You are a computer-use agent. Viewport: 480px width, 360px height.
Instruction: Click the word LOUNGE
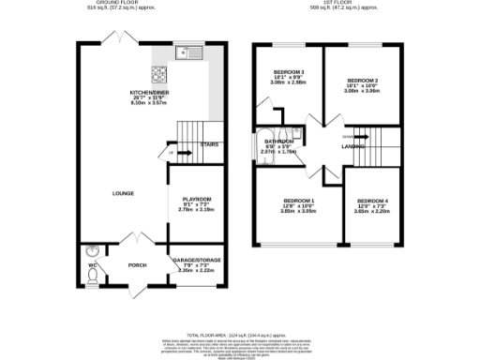[x=122, y=194]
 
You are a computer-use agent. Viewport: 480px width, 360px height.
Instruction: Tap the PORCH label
[x=138, y=264]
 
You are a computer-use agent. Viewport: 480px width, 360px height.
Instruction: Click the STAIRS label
[x=209, y=144]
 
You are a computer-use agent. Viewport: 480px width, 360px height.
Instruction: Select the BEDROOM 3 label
[x=290, y=72]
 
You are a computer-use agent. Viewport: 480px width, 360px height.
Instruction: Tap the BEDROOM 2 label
[x=361, y=82]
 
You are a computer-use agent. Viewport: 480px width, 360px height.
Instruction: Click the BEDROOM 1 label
[x=299, y=201]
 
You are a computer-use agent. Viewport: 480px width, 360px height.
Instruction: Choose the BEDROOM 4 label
[x=372, y=201]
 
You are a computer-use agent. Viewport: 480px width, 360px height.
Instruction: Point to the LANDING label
[x=352, y=146]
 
